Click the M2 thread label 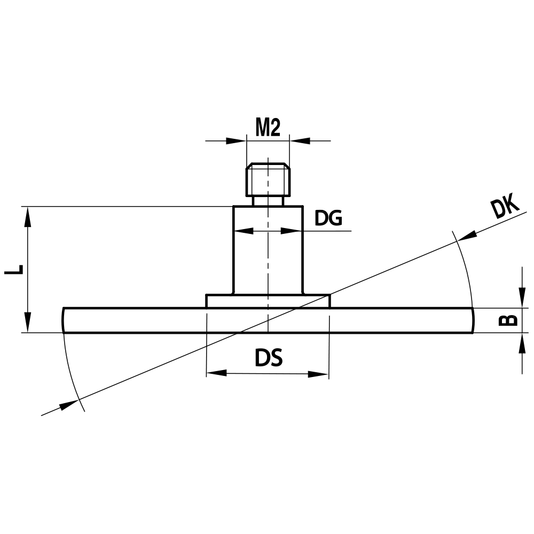click(x=268, y=128)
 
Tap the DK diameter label click(x=505, y=207)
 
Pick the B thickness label click(x=508, y=319)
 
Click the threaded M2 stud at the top click(x=268, y=180)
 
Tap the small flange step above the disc click(x=268, y=301)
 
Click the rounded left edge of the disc click(x=64, y=320)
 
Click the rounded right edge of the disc click(x=472, y=320)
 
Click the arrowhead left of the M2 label click(x=235, y=141)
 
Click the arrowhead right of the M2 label click(x=300, y=141)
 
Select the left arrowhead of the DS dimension click(x=216, y=373)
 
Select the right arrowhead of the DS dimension click(x=318, y=373)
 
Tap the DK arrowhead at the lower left click(x=69, y=404)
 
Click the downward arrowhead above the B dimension click(x=522, y=300)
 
